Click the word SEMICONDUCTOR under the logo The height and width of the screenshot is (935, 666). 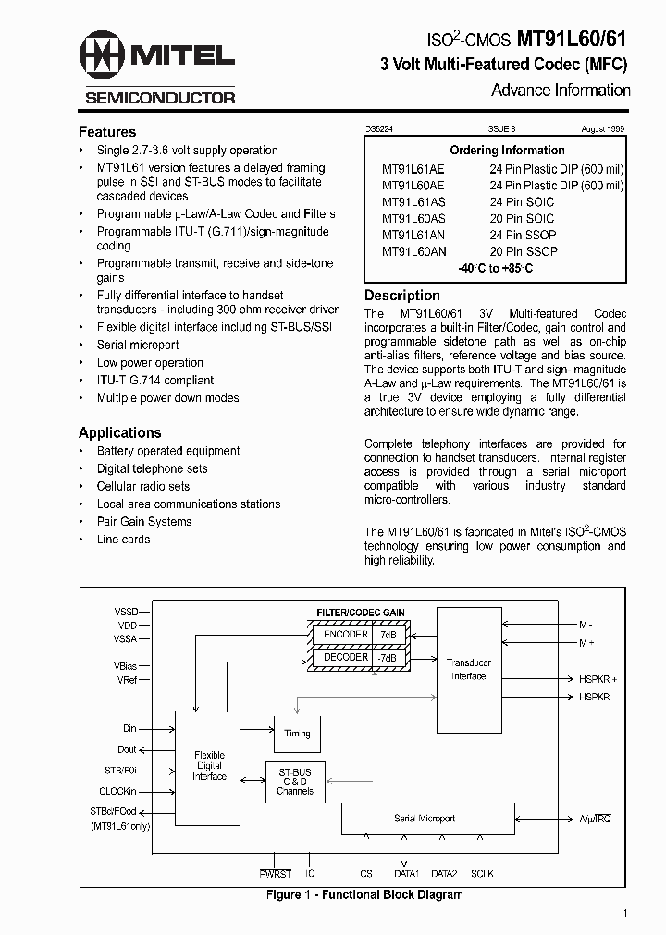[x=160, y=97]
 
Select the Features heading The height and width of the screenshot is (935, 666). [x=107, y=132]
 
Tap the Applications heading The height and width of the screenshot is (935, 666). [x=119, y=432]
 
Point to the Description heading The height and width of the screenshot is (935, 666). [x=402, y=296]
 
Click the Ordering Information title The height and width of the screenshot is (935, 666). [x=507, y=150]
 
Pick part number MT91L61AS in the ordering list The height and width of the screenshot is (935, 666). [x=413, y=201]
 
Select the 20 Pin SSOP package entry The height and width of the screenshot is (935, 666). [x=524, y=251]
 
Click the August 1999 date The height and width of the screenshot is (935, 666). [x=604, y=132]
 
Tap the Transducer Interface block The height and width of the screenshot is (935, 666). [x=468, y=669]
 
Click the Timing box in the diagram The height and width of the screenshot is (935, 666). [x=297, y=734]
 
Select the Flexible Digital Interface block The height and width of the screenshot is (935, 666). [x=209, y=766]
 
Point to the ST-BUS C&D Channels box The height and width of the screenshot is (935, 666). [x=295, y=781]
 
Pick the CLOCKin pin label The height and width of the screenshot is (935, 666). [x=117, y=791]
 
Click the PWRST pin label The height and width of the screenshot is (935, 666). [x=275, y=873]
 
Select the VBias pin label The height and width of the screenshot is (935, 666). [x=125, y=665]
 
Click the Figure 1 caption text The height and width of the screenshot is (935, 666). [x=364, y=894]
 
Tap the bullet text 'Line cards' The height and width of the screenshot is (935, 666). [x=123, y=539]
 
